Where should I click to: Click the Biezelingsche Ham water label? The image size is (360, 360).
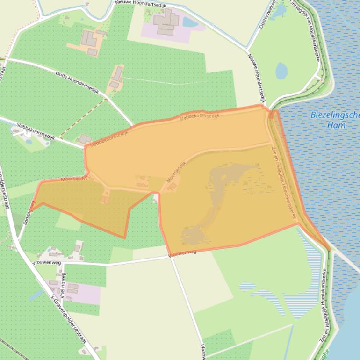pyautogui.click(x=336, y=121)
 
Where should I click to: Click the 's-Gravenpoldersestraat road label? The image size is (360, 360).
pyautogui.click(x=70, y=318)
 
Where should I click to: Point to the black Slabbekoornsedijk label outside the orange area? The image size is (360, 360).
pyautogui.click(x=36, y=131)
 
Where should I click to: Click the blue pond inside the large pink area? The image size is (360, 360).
pyautogui.click(x=190, y=22)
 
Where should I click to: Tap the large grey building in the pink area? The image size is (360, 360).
pyautogui.click(x=166, y=22)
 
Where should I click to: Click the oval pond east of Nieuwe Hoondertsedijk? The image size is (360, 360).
pyautogui.click(x=281, y=71)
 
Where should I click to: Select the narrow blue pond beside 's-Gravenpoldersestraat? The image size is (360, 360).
pyautogui.click(x=36, y=295)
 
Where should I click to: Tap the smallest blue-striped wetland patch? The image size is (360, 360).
pyautogui.click(x=247, y=286)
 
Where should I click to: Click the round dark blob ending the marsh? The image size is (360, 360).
pyautogui.click(x=192, y=237)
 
